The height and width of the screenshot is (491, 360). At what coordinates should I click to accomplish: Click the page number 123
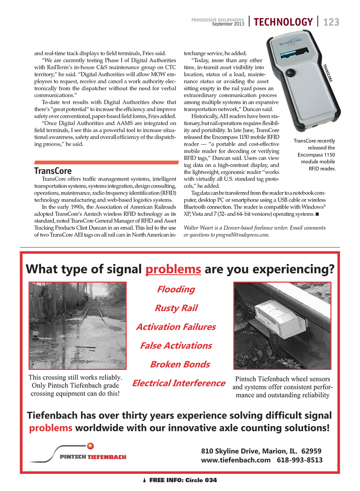coord(331,22)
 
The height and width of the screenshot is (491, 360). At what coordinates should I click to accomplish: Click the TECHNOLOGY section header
coord(283,22)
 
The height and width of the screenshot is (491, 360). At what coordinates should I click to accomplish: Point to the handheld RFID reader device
coord(298,80)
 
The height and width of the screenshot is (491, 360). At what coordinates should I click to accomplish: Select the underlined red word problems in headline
coord(173,269)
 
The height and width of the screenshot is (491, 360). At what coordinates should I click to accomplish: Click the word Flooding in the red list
coord(176,289)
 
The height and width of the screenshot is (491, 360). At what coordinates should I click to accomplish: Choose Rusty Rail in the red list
coord(176,308)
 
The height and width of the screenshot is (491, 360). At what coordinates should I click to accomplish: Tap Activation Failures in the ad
coord(176,327)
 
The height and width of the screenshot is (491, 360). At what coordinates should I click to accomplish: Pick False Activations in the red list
coord(176,345)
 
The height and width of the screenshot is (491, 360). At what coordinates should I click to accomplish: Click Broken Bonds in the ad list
coord(180,364)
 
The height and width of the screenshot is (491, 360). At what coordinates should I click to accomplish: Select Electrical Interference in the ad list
coord(178,383)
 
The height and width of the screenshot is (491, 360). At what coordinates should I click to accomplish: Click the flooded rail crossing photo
coord(78,325)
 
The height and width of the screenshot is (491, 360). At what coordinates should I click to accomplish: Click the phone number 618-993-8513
coord(300,460)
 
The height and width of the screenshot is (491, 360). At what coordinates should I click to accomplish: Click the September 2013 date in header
coord(228,24)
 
